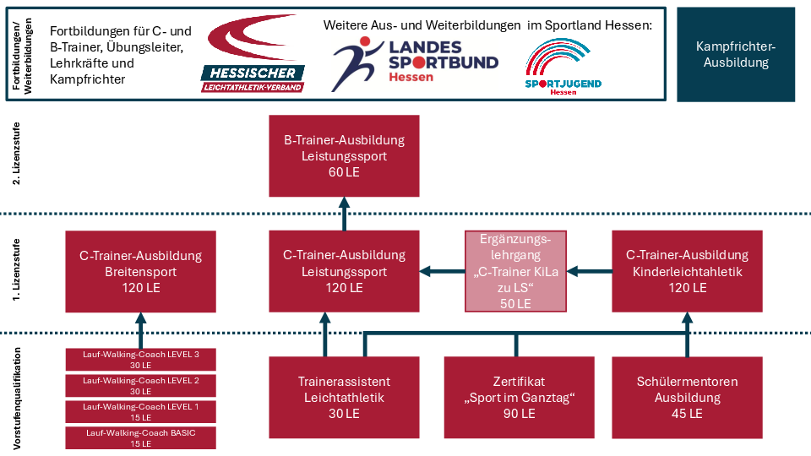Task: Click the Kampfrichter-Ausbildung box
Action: click(736, 54)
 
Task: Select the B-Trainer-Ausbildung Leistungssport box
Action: click(344, 155)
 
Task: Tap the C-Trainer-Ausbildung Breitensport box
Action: click(141, 271)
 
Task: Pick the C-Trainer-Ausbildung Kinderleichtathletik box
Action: click(687, 271)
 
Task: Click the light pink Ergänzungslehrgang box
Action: click(515, 271)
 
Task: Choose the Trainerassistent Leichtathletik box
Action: click(344, 398)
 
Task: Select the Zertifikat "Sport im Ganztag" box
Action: click(519, 398)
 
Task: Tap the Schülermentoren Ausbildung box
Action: click(687, 398)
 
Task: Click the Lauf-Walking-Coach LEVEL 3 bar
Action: click(141, 360)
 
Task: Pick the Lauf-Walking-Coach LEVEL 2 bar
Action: click(141, 386)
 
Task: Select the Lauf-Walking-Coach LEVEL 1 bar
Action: click(141, 412)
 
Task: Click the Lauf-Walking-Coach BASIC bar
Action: click(141, 438)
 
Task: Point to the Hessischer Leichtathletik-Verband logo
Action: click(253, 54)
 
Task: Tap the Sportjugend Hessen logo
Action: click(563, 67)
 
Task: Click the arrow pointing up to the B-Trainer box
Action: click(344, 214)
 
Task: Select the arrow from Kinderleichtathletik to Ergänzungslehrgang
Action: click(589, 271)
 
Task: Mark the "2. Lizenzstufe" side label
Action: click(17, 154)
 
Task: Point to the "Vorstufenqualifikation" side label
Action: click(17, 398)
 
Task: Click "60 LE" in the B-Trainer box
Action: click(344, 172)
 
